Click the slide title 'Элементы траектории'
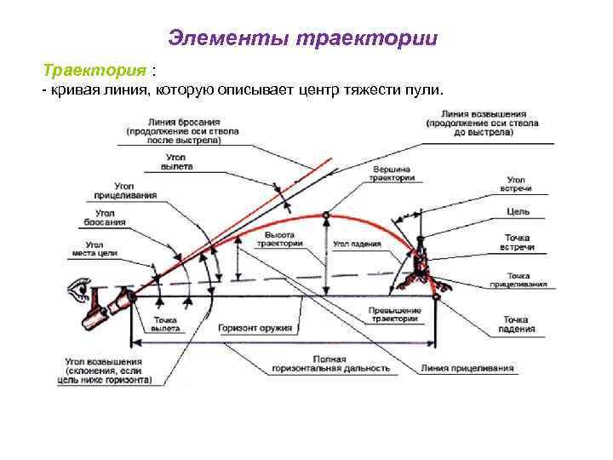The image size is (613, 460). (x=303, y=38)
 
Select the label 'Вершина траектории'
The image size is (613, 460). (x=392, y=174)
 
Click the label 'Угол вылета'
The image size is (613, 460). (x=177, y=162)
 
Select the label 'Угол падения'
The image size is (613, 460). (x=357, y=244)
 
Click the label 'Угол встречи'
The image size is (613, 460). (x=517, y=185)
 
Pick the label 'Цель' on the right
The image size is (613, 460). (x=518, y=211)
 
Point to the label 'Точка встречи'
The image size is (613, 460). (x=518, y=242)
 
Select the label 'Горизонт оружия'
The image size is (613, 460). (x=255, y=328)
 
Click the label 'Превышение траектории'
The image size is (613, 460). (x=394, y=313)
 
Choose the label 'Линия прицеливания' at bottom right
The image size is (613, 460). (x=467, y=369)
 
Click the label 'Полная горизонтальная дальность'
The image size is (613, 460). (x=331, y=364)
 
